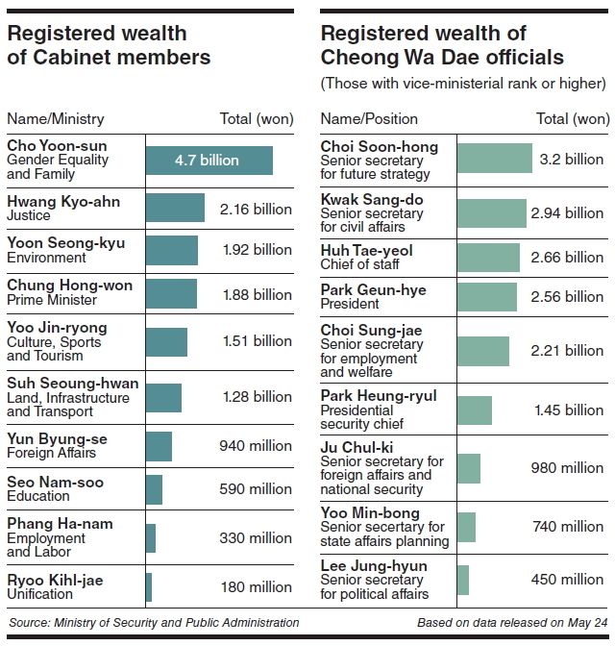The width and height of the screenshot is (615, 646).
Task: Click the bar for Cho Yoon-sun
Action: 209,161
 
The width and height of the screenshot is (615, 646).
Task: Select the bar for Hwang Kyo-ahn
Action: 175,209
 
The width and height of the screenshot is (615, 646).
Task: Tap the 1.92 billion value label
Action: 257,250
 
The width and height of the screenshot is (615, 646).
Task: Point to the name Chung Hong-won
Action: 69,286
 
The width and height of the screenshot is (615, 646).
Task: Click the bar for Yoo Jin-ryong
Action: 166,341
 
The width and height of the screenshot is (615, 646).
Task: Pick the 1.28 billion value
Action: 257,397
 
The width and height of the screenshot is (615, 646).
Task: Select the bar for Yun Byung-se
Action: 159,446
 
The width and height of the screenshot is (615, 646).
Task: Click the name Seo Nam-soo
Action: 56,482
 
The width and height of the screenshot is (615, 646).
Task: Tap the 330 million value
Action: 256,538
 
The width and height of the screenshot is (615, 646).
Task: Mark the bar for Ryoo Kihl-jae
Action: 149,586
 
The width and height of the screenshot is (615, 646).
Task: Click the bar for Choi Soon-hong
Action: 494,159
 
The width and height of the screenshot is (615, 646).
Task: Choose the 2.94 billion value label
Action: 567,212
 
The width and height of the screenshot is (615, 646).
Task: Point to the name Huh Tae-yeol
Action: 366,249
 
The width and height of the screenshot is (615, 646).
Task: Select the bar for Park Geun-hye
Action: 486,297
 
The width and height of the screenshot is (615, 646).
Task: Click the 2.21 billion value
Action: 567,351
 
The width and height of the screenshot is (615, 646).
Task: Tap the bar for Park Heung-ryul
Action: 474,410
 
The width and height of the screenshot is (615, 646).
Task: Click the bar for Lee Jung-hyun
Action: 463,580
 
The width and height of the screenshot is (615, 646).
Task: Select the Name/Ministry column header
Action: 56,119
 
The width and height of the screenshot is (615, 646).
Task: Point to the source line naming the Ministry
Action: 154,623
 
